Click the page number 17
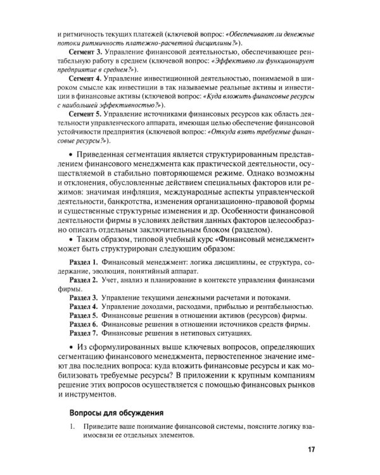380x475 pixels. pos(310,450)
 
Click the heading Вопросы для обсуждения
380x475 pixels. pos(116,412)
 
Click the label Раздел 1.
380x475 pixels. pos(83,262)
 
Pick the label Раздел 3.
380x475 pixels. pos(83,298)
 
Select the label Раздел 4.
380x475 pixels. pos(83,307)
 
